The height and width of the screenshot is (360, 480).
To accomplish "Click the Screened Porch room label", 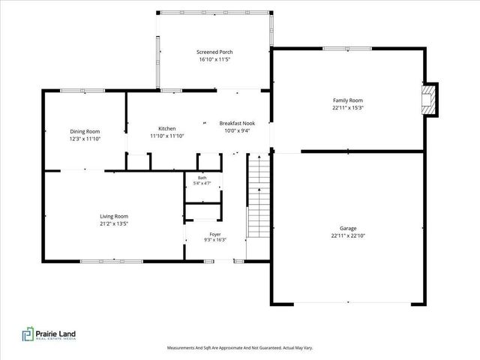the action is [x=214, y=52].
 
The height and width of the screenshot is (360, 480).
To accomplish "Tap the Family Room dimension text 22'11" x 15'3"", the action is [x=348, y=108].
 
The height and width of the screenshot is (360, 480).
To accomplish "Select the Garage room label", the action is [x=348, y=228].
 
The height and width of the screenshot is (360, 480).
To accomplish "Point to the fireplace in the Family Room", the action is [x=428, y=100].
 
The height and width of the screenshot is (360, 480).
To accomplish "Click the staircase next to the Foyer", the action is [x=259, y=195].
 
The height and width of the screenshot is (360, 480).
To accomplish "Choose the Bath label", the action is [x=202, y=178].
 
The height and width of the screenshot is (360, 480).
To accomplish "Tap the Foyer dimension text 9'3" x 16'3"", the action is [x=215, y=240].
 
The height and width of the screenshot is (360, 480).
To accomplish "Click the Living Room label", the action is [x=114, y=217].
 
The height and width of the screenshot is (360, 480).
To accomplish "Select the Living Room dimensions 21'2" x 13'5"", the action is [x=114, y=223].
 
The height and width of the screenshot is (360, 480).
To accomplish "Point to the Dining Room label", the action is [x=85, y=132].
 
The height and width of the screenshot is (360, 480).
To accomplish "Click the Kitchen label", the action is [x=167, y=128].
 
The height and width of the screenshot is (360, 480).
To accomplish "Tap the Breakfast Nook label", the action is [x=237, y=123].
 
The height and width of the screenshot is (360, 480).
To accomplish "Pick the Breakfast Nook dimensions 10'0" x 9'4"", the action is [x=237, y=130].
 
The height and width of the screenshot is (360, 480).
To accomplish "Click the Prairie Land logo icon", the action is [x=28, y=334].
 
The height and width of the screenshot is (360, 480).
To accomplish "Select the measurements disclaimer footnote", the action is [x=240, y=348].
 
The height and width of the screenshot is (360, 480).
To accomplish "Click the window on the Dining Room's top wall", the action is [x=82, y=91].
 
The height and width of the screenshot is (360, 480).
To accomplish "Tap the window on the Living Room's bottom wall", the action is [x=112, y=262].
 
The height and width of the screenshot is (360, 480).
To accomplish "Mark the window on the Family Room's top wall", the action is [x=347, y=49].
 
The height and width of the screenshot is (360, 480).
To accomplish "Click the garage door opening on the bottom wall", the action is [x=352, y=303].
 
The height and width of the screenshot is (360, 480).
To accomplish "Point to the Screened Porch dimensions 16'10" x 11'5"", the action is [x=214, y=59].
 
